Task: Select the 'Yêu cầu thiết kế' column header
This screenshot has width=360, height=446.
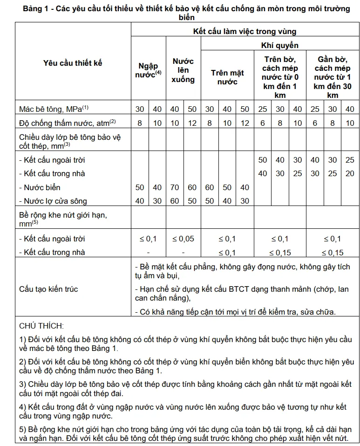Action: coord(73,63)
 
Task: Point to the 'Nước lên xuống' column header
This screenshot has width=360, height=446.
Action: coord(183,70)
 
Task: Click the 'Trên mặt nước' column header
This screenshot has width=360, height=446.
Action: coord(227,77)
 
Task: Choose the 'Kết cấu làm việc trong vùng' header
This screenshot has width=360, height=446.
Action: coord(245,32)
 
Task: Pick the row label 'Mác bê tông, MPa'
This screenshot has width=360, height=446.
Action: coord(54,109)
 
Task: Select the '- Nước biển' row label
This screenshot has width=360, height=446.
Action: coord(40,187)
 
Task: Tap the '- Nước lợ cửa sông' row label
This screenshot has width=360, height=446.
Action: coord(53,201)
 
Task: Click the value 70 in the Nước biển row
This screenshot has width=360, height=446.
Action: coord(175,187)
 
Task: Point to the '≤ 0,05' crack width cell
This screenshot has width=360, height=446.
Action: coord(183,239)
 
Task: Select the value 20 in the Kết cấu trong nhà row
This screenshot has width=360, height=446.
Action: coord(349,173)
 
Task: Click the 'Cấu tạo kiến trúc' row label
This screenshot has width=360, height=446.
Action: coord(48,289)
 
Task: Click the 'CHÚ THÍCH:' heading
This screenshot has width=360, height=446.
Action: coord(41,326)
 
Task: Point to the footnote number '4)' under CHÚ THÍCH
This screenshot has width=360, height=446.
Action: coord(23,407)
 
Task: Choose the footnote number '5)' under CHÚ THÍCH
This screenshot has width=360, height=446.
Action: coord(23,429)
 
